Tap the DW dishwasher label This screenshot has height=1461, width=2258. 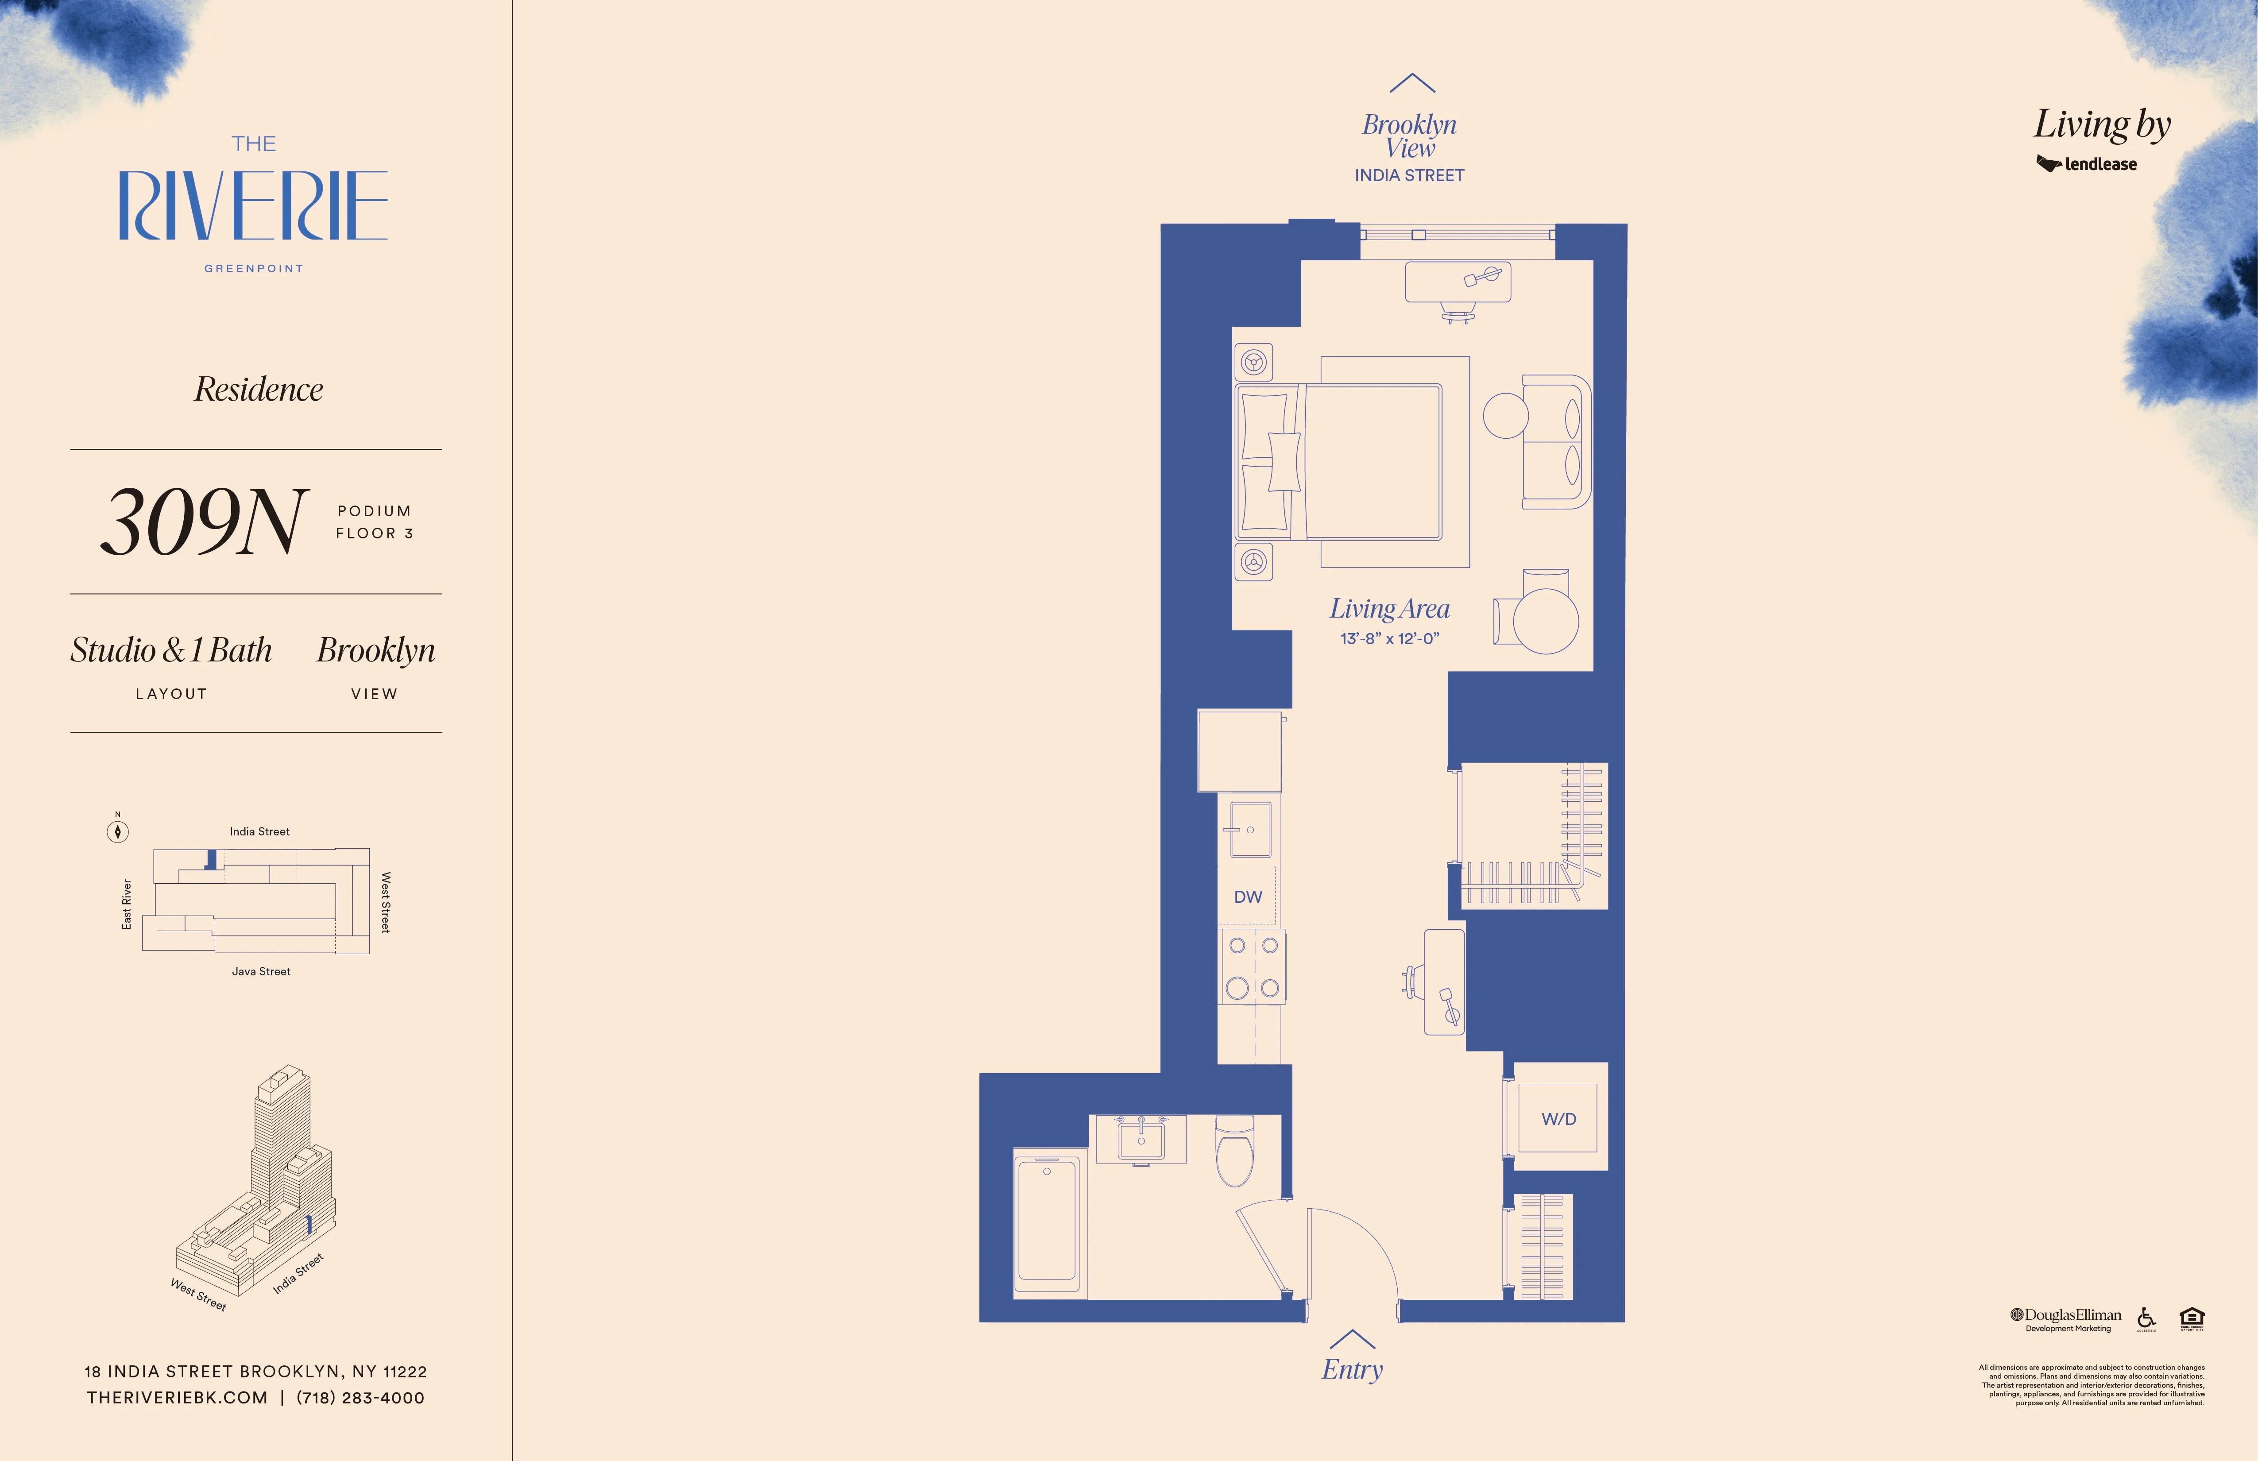1248,897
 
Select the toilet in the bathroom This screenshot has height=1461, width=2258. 1234,1151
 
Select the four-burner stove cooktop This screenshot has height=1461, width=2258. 1253,967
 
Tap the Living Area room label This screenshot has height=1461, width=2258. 1389,608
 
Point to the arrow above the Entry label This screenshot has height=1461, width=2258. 1352,1339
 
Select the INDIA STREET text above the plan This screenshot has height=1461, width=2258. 1409,175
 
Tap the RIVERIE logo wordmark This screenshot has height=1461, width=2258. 253,206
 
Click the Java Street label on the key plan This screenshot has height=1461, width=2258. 261,971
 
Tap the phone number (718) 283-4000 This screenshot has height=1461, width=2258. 360,1397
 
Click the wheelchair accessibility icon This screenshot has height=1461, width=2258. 2146,1318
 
